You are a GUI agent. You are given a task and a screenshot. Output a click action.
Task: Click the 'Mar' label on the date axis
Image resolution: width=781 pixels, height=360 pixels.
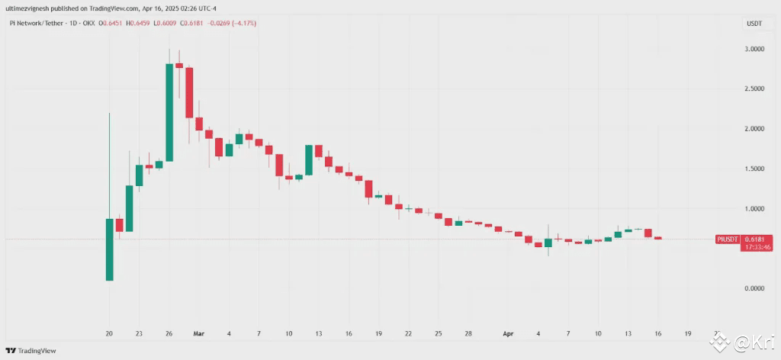[x=199, y=333]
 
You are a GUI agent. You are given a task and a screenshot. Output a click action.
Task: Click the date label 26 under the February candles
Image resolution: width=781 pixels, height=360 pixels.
[x=169, y=333]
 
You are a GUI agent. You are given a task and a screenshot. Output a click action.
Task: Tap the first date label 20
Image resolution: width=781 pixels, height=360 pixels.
[x=109, y=333]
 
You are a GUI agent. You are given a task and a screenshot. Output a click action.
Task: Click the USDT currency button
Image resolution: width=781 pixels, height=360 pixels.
[x=754, y=24]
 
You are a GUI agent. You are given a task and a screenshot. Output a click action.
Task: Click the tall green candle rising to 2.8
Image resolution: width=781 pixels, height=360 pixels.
[x=169, y=112]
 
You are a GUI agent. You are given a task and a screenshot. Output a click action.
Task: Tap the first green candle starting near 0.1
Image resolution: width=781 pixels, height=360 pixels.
[x=109, y=249]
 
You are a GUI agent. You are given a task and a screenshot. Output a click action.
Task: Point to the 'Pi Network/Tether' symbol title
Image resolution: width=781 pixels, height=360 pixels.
[x=37, y=24]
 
